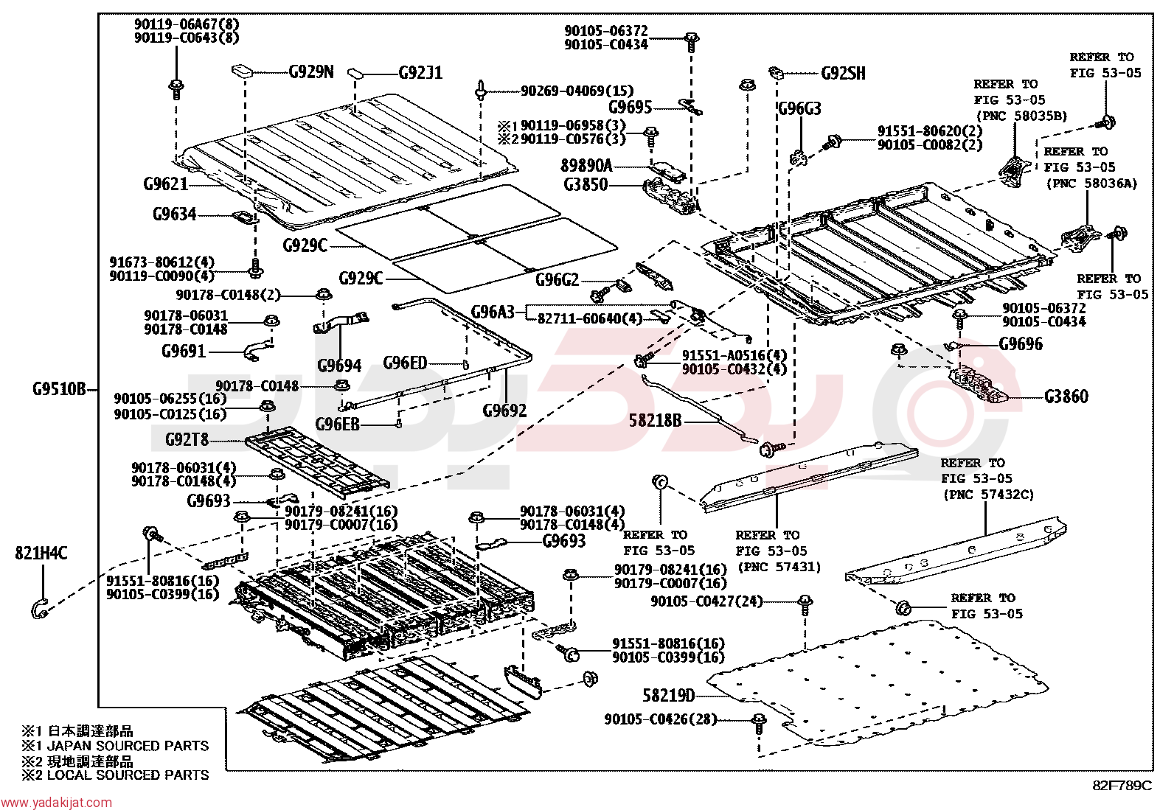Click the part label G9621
166,184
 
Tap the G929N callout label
311,71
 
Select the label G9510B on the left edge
59,389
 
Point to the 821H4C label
41,554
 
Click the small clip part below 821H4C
39,608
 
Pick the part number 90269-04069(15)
577,91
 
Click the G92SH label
844,74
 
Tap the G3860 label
1066,397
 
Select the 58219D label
669,695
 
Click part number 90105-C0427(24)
706,601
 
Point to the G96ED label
405,363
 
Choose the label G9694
340,365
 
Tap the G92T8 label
187,439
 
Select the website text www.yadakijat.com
57,803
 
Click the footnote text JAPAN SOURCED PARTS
128,746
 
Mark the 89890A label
586,166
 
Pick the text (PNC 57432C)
988,495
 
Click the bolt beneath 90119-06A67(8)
176,89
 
